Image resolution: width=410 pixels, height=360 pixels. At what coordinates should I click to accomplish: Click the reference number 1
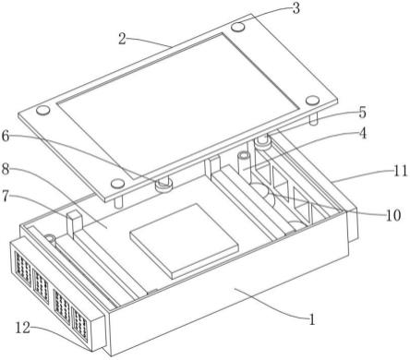point(312,319)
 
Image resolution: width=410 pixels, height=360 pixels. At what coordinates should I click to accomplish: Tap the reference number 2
point(123,39)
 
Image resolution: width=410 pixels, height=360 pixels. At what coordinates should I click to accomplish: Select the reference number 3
point(296,8)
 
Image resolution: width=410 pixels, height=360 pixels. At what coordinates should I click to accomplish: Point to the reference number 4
point(363,133)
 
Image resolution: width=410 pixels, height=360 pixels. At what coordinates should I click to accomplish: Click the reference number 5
point(363,113)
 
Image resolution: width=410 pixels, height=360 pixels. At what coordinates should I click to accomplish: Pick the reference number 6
point(6,136)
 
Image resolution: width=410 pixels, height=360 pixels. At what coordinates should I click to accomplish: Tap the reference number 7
point(6,196)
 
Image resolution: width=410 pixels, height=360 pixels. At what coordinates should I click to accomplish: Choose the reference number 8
point(6,169)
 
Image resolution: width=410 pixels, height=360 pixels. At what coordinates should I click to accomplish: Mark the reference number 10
point(393,215)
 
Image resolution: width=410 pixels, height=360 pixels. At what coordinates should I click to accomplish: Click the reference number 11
point(401,171)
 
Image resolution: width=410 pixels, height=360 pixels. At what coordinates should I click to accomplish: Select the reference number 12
point(23,328)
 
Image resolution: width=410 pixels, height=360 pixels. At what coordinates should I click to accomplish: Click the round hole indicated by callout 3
point(238,28)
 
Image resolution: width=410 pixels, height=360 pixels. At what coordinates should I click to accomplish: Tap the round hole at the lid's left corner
point(42,110)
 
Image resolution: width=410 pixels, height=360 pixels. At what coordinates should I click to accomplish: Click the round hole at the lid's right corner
point(312,101)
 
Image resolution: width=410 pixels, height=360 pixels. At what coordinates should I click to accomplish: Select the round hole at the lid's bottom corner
point(117,184)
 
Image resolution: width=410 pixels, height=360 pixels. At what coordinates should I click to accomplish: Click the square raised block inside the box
point(184,241)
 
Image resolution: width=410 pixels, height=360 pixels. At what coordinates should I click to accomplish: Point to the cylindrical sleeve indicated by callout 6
point(163,186)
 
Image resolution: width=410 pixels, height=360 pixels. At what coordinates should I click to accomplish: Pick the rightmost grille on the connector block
point(79,326)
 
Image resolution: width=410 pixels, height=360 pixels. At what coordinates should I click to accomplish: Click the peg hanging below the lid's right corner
point(313,119)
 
